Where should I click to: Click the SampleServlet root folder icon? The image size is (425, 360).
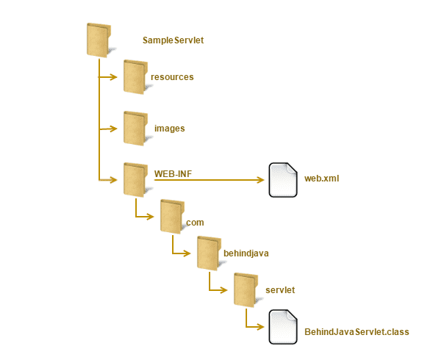[99, 40]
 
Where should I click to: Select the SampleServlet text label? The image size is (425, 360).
[173, 40]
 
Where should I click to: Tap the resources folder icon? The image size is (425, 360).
[135, 77]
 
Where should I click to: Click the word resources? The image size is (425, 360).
[172, 77]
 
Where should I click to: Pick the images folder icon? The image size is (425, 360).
[135, 129]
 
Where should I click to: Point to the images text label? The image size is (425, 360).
[170, 129]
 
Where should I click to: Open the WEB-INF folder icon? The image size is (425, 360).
[135, 180]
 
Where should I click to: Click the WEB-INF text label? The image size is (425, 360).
[173, 173]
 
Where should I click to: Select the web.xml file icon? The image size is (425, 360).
[283, 180]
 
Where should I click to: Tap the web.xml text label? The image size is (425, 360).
[322, 179]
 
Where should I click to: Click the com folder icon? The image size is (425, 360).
[172, 217]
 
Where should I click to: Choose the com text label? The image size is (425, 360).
[195, 223]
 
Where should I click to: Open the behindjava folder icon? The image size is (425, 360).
[210, 253]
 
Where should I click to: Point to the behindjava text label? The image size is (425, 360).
[246, 253]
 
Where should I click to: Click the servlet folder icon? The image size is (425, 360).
[246, 290]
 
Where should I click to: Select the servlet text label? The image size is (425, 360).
[280, 290]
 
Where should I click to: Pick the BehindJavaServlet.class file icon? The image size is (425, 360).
[283, 327]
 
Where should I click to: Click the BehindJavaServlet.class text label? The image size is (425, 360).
[357, 332]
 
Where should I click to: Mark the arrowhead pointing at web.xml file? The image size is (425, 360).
[261, 180]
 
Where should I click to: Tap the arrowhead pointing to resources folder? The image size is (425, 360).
[113, 77]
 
